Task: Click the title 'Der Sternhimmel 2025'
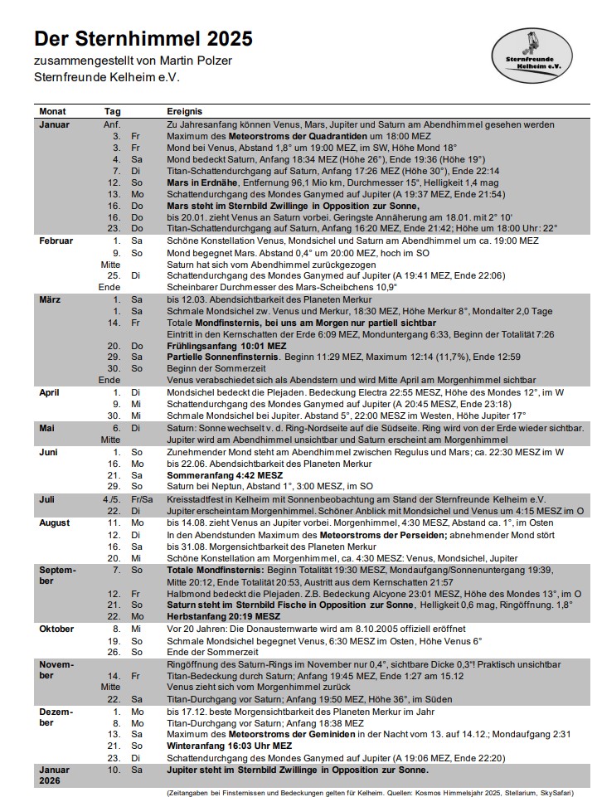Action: [x=143, y=39]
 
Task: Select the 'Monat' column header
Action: [x=52, y=111]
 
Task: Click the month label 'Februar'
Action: [x=56, y=241]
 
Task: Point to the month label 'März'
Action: [x=50, y=299]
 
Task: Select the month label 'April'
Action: [x=49, y=391]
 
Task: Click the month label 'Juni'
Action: [x=49, y=452]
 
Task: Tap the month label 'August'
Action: [x=55, y=523]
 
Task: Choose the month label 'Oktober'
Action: [x=56, y=629]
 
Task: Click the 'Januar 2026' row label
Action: [x=55, y=775]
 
